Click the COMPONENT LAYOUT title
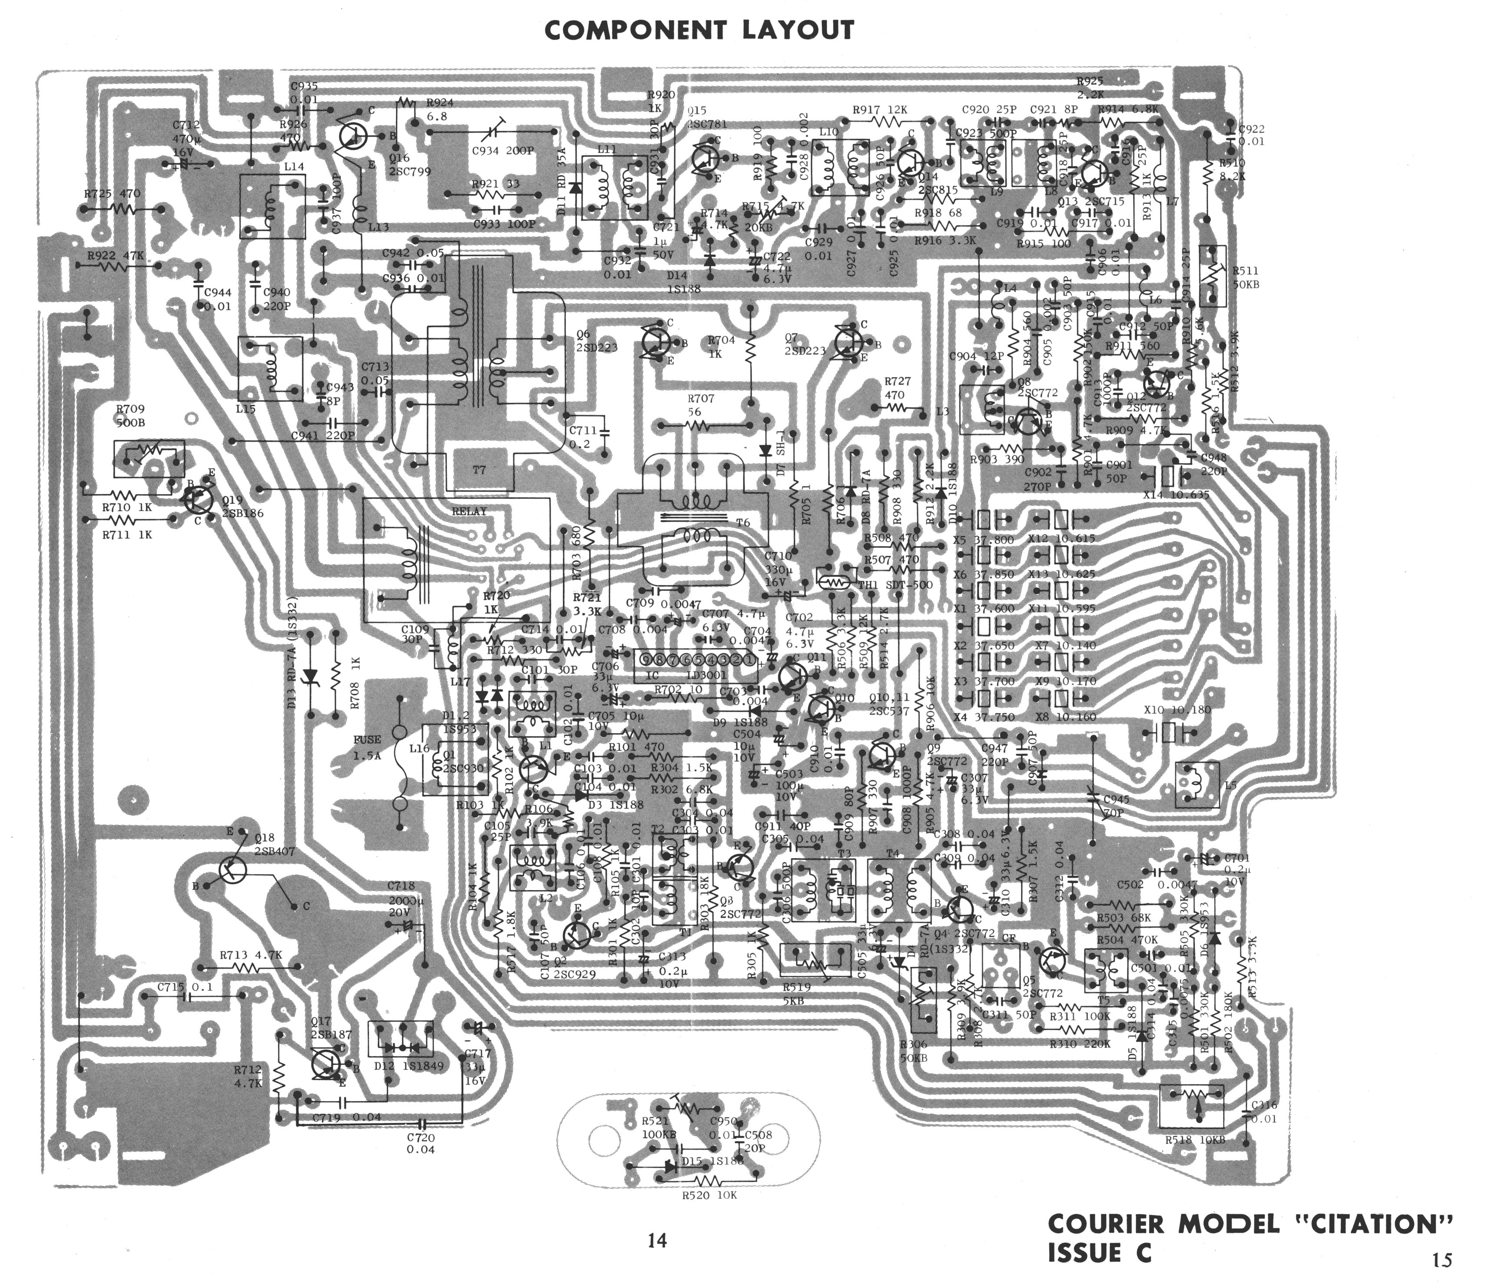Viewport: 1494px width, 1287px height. pyautogui.click(x=699, y=30)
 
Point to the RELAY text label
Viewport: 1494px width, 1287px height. pyautogui.click(x=469, y=512)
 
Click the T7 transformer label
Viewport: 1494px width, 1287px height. pyautogui.click(x=480, y=470)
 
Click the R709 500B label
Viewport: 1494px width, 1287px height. pyautogui.click(x=130, y=416)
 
